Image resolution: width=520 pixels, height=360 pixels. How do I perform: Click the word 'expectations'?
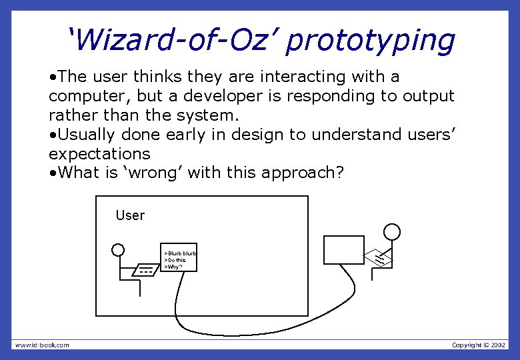pyautogui.click(x=99, y=153)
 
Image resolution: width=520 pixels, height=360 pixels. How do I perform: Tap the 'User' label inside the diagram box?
pyautogui.click(x=130, y=215)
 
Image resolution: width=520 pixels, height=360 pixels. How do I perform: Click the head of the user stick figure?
pyautogui.click(x=118, y=250)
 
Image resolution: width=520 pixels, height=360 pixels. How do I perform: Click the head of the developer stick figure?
pyautogui.click(x=393, y=231)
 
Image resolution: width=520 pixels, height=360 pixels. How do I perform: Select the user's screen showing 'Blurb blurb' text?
pyautogui.click(x=180, y=257)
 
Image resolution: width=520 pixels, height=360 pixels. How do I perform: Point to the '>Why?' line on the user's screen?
pyautogui.click(x=173, y=266)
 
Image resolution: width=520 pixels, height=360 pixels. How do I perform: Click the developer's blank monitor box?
pyautogui.click(x=344, y=250)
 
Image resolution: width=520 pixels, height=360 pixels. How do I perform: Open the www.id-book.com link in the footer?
pyautogui.click(x=42, y=345)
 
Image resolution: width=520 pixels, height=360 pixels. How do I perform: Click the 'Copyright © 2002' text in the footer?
pyautogui.click(x=479, y=345)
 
